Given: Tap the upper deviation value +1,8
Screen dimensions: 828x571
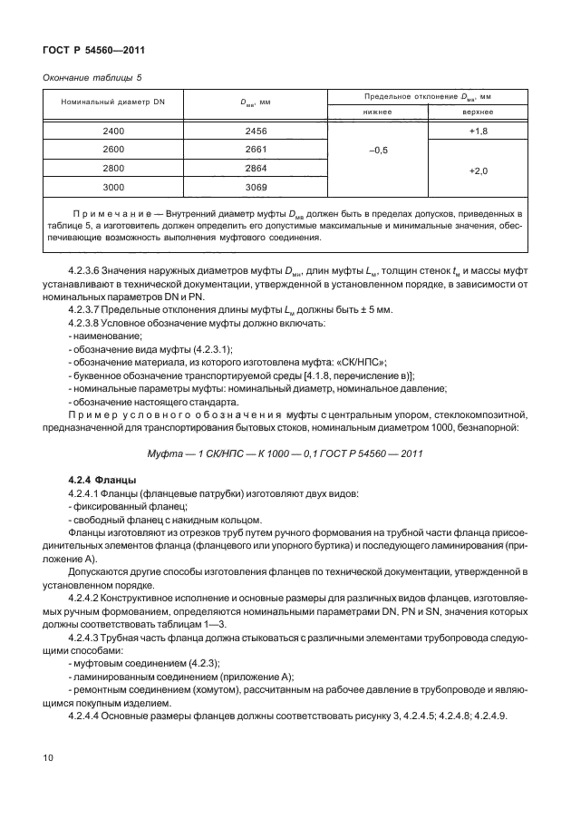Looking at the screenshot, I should [479, 132].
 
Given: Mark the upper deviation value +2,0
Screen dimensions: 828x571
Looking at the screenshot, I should [479, 169].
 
